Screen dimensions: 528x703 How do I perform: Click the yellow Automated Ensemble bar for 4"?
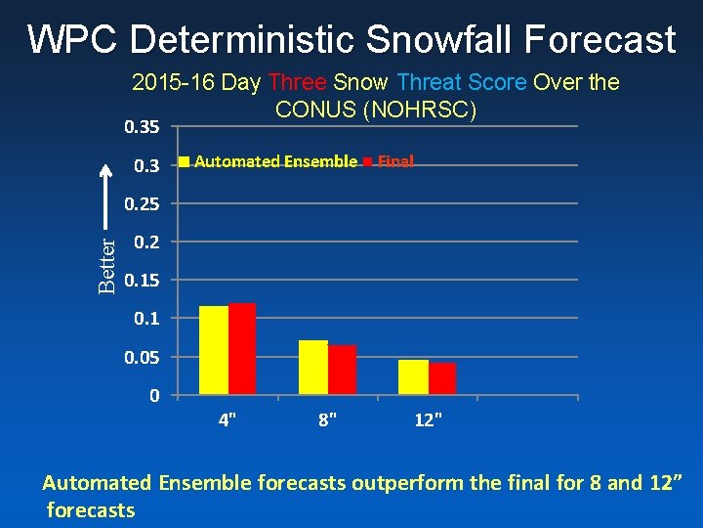pyautogui.click(x=213, y=350)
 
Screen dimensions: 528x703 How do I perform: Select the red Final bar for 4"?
pyautogui.click(x=241, y=349)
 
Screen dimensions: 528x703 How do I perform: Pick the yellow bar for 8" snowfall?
pyautogui.click(x=313, y=368)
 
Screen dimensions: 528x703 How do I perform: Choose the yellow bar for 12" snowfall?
pyautogui.click(x=413, y=377)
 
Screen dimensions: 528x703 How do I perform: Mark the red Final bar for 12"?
pyautogui.click(x=442, y=378)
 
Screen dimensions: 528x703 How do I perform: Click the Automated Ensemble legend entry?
pyautogui.click(x=274, y=161)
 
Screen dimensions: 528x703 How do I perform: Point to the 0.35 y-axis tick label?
pyautogui.click(x=143, y=127)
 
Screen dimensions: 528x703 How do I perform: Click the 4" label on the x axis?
pyautogui.click(x=227, y=420)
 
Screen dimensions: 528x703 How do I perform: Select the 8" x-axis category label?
pyautogui.click(x=328, y=420)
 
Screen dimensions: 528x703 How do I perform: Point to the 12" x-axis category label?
pyautogui.click(x=428, y=420)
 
